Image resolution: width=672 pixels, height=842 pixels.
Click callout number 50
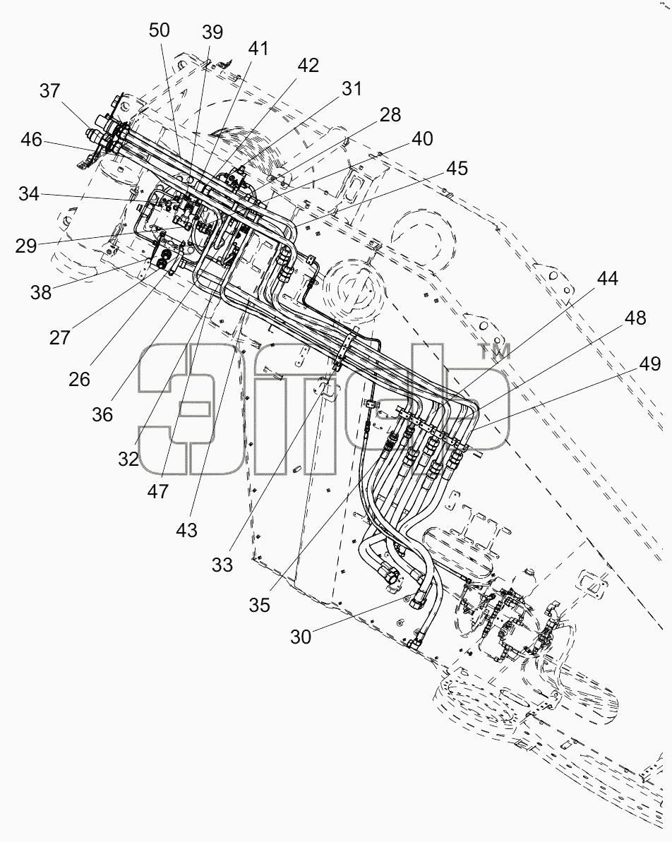click(160, 30)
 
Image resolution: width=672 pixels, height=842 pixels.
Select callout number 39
click(212, 32)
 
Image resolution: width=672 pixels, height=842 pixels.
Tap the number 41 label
click(258, 49)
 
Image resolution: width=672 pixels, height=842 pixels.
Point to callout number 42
click(308, 66)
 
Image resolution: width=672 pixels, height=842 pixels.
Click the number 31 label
click(352, 89)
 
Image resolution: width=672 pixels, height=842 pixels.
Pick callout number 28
click(390, 115)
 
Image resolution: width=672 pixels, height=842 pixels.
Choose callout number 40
click(422, 139)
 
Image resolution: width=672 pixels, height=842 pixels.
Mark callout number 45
click(457, 169)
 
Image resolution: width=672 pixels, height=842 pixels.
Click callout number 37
click(49, 91)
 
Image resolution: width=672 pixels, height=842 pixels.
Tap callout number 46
click(31, 140)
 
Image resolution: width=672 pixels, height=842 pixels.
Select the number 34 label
click(29, 194)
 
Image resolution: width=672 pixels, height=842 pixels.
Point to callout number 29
click(26, 246)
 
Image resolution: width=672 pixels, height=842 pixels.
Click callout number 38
click(41, 293)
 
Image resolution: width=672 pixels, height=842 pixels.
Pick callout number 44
click(608, 279)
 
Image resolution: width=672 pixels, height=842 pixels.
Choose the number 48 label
click(635, 318)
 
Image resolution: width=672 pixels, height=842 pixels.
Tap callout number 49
click(650, 365)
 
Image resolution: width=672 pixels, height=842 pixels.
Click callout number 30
click(301, 637)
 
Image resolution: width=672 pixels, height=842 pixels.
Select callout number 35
click(259, 606)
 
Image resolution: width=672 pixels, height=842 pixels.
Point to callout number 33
click(222, 565)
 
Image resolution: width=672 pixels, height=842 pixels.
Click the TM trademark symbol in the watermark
click(494, 352)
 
